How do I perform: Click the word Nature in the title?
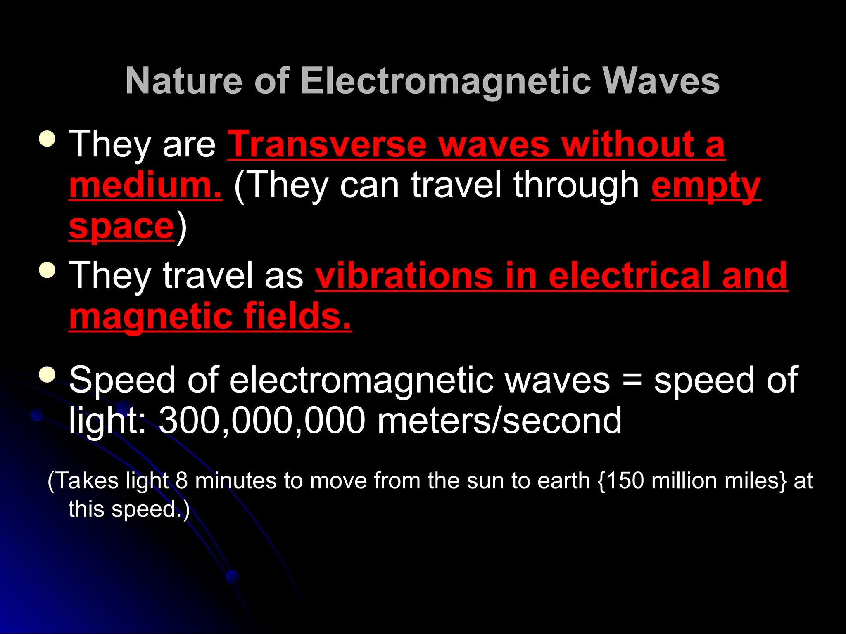pyautogui.click(x=184, y=81)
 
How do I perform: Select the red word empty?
pyautogui.click(x=706, y=186)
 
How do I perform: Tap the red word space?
pyautogui.click(x=121, y=226)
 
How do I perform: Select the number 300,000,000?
pyautogui.click(x=262, y=421)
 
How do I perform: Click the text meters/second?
pyautogui.click(x=499, y=421)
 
